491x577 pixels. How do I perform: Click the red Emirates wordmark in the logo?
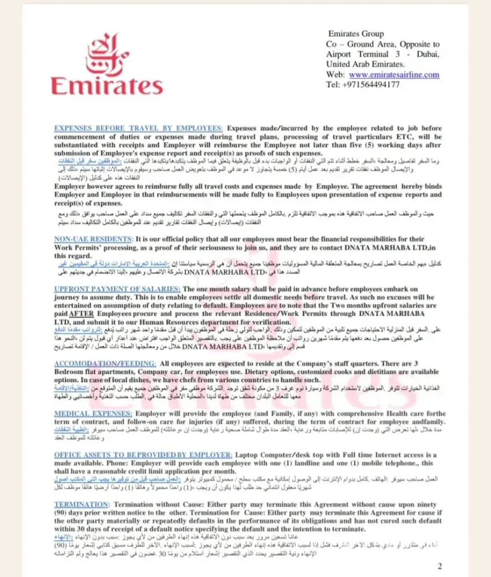pyautogui.click(x=107, y=85)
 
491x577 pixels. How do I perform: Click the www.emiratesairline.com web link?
pyautogui.click(x=394, y=74)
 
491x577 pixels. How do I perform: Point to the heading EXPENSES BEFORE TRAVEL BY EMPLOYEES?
pyautogui.click(x=138, y=128)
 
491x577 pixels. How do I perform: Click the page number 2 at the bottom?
pyautogui.click(x=440, y=566)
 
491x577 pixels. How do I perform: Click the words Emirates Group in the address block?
pyautogui.click(x=356, y=34)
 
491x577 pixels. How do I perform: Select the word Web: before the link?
pyautogui.click(x=336, y=74)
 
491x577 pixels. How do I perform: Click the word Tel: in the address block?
pyautogui.click(x=333, y=84)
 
